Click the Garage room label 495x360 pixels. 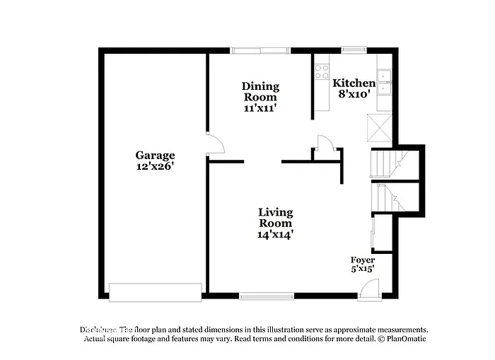[x=155, y=155]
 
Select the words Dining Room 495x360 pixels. [x=261, y=91]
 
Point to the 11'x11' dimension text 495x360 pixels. [x=260, y=108]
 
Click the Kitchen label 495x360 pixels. [x=354, y=83]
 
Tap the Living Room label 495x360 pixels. [x=275, y=217]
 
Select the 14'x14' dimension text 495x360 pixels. [x=275, y=234]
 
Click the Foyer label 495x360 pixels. [x=363, y=260]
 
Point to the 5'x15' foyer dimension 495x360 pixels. [x=363, y=269]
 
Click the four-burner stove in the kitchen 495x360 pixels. [x=322, y=70]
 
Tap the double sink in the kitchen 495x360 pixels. [x=385, y=83]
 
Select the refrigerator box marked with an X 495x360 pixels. [x=382, y=128]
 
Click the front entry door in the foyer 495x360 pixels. [x=368, y=289]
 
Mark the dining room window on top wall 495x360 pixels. [x=260, y=50]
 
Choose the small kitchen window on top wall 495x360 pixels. [x=351, y=50]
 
